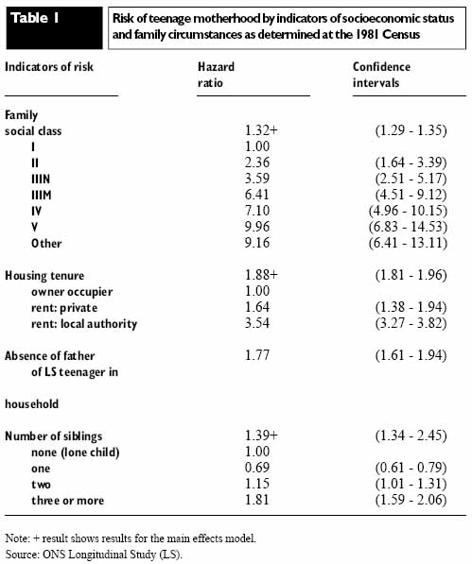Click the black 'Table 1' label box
54,28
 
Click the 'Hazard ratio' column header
216,75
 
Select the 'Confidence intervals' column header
381,75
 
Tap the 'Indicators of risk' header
49,67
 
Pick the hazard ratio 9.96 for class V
257,227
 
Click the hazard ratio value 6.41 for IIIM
257,195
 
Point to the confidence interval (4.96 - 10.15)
408,211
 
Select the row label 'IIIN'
41,179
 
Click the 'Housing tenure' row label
44,276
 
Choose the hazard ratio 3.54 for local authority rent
257,323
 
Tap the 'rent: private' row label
64,308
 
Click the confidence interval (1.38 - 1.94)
411,307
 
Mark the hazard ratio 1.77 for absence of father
257,355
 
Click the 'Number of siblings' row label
54,436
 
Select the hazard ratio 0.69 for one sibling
257,468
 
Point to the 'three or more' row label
68,501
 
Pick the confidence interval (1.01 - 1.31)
411,484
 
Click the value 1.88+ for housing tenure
261,275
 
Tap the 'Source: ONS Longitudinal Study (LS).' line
94,555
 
